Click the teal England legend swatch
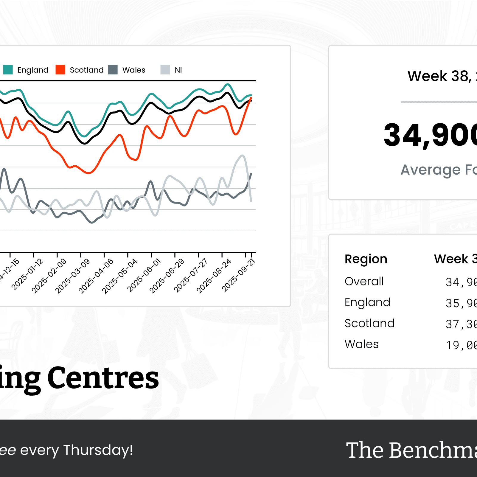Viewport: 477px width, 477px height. click(8, 70)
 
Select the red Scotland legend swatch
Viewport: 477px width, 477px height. click(60, 70)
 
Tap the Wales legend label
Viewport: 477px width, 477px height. click(134, 70)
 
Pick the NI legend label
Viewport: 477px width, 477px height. click(178, 70)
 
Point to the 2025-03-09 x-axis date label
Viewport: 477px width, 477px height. click(72, 276)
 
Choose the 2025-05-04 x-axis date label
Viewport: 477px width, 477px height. click(119, 276)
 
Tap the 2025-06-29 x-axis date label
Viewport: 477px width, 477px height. click(167, 276)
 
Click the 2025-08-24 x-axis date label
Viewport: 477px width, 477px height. click(214, 276)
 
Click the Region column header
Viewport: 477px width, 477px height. click(366, 259)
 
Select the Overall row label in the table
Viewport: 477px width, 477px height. click(364, 281)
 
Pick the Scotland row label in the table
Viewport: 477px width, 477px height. click(369, 323)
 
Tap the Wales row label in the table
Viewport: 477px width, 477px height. click(361, 344)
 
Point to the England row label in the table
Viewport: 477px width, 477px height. click(367, 302)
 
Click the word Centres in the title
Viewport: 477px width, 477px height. click(103, 378)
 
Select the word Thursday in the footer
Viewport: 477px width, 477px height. click(98, 450)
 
